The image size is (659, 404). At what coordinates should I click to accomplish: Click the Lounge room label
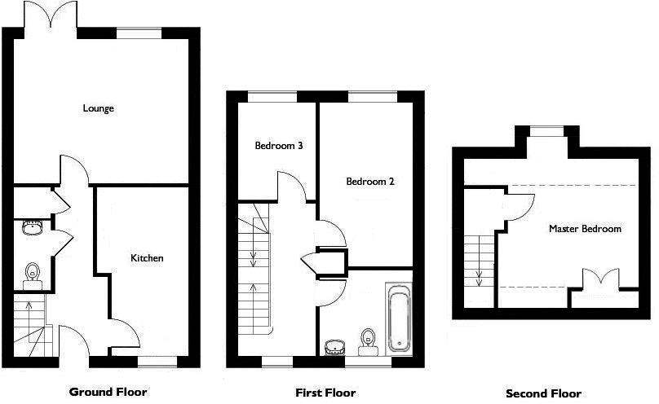[98, 108]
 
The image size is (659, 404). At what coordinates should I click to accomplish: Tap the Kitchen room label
[148, 258]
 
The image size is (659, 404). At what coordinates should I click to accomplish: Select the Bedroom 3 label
[279, 147]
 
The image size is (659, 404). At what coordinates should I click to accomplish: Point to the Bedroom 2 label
[369, 182]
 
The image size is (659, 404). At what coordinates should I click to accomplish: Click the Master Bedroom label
[585, 229]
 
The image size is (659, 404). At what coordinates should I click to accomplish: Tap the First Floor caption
[325, 393]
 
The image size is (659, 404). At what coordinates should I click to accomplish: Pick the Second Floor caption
[544, 393]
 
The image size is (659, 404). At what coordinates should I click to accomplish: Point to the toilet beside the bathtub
[368, 339]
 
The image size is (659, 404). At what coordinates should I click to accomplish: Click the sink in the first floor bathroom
[334, 348]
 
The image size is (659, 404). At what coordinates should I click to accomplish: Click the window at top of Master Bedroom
[546, 128]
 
